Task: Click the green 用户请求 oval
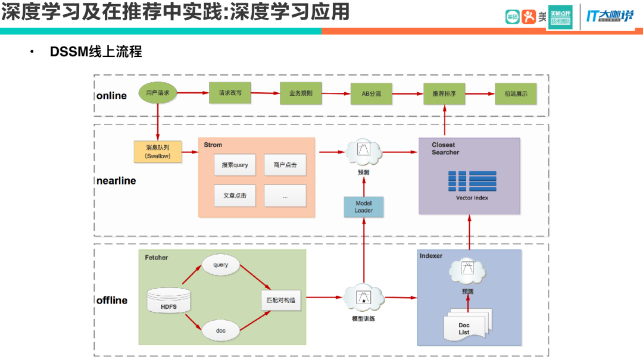[158, 93]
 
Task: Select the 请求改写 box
[230, 93]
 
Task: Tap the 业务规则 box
[301, 93]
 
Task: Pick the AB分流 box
[372, 93]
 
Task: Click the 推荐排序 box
[444, 93]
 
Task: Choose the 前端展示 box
[515, 93]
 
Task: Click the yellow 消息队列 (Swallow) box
[158, 152]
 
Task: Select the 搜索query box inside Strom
[235, 165]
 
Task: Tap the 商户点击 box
[285, 165]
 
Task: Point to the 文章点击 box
[235, 195]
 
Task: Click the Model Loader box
[363, 206]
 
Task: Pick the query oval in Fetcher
[220, 265]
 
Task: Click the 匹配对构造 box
[281, 300]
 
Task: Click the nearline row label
[116, 181]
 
